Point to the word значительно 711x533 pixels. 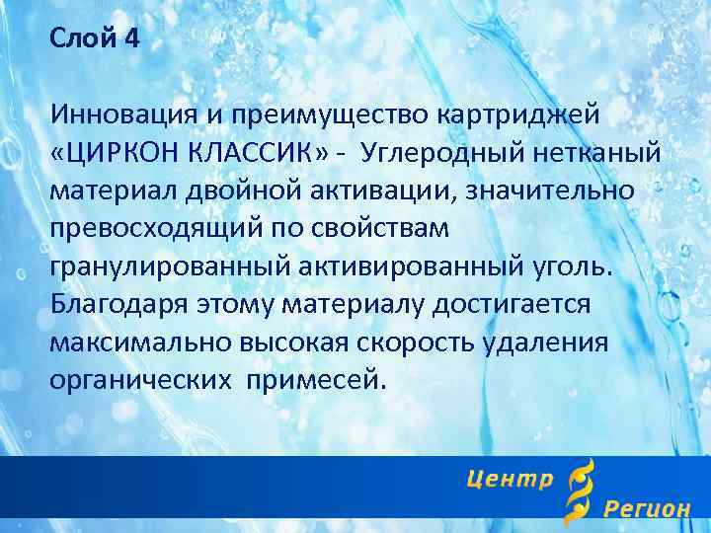click(x=554, y=190)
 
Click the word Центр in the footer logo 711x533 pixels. click(x=509, y=480)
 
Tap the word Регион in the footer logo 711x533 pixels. click(x=647, y=509)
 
